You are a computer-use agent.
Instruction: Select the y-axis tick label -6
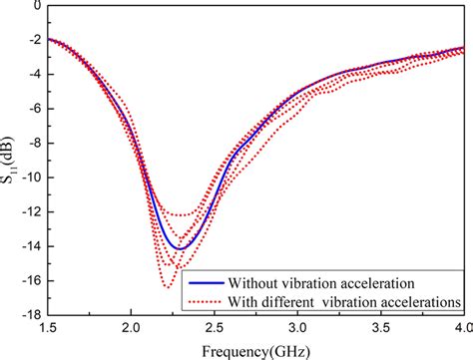pyautogui.click(x=29, y=109)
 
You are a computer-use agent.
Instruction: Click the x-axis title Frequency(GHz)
pyautogui.click(x=253, y=350)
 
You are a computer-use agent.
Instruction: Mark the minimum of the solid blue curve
pyautogui.click(x=179, y=248)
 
